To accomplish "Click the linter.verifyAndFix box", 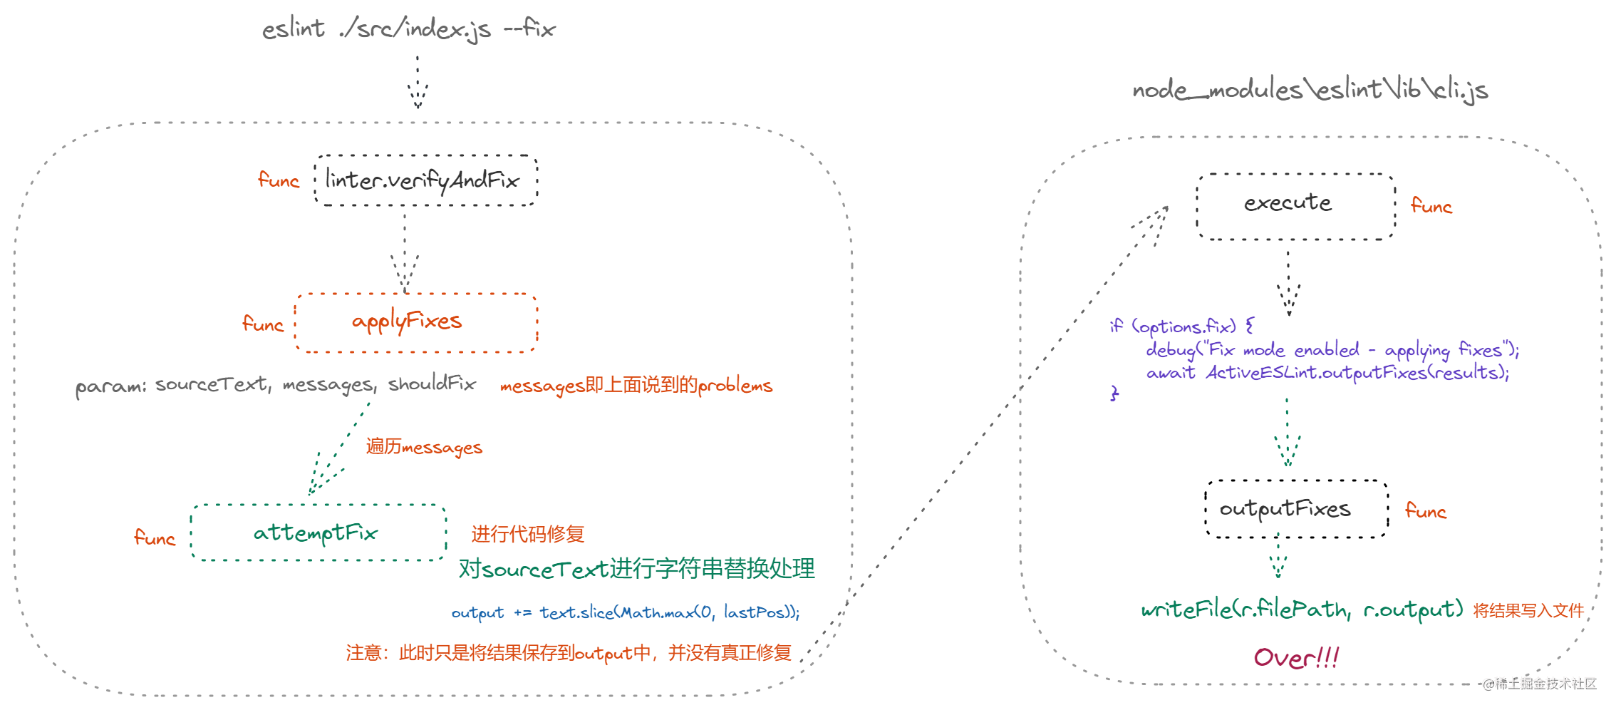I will coord(425,180).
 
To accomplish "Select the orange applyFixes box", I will coord(415,322).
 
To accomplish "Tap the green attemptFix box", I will coord(318,532).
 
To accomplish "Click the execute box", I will coord(1295,205).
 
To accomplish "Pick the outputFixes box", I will coord(1295,509).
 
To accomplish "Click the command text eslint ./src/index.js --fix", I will coord(408,29).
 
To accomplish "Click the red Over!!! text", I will coord(1296,657).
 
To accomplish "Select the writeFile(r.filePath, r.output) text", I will coord(1301,609).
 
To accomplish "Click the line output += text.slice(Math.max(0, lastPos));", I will coord(625,612).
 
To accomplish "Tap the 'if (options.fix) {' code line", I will coord(1182,326).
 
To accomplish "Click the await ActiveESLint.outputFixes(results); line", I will coord(1327,372).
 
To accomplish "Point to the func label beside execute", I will coord(1431,206).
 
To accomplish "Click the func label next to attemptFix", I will coord(155,537).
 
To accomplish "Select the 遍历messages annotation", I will coord(424,447).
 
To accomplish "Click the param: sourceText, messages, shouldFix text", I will coord(276,385).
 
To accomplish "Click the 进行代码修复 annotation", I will coord(527,534).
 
